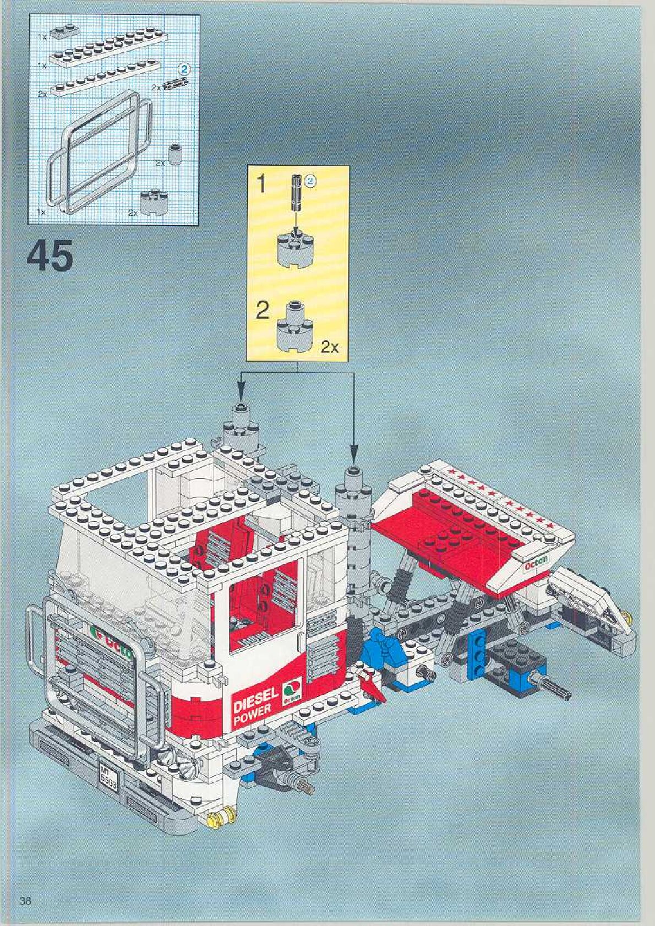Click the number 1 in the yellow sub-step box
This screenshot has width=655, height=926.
pos(263,184)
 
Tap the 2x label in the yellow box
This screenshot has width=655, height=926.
pos(330,347)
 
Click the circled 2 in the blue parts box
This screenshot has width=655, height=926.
pos(185,69)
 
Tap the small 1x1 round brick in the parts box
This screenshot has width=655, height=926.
pos(175,152)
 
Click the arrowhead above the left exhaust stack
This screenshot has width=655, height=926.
pos(241,394)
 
